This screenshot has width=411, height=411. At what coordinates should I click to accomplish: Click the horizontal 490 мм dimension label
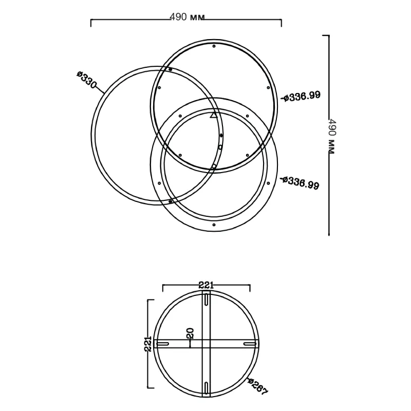pos(187,17)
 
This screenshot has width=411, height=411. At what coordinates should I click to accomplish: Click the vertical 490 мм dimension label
pos(332,137)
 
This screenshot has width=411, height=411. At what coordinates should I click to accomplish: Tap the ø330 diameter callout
pos(87,80)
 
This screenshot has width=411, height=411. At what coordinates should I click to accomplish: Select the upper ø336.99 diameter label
pos(301,96)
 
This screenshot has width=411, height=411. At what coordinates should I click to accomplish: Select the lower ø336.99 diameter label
pos(300,183)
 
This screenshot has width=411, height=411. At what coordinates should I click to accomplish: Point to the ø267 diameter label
pos(258,386)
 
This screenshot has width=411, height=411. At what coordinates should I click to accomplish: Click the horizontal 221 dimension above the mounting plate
pos(206,285)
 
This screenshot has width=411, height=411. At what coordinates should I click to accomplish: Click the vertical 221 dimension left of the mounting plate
pos(148,344)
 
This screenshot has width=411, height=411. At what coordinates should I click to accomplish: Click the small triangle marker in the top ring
pos(214,115)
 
